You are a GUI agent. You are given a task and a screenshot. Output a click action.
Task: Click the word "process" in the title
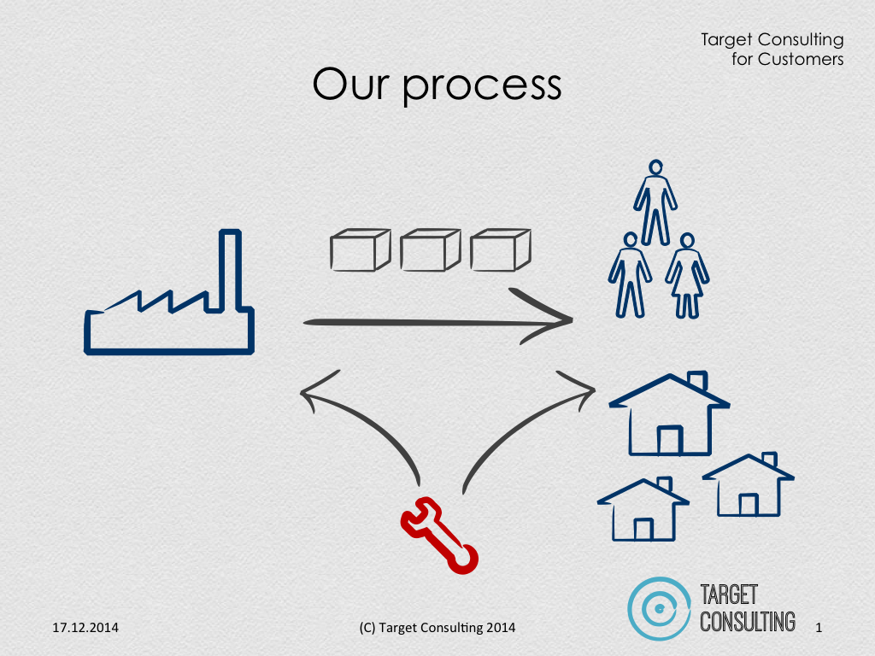click(482, 86)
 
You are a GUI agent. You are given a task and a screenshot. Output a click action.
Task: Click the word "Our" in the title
click(349, 84)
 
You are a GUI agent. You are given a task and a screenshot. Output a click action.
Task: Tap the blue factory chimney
click(230, 270)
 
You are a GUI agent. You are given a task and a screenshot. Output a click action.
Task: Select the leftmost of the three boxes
click(360, 250)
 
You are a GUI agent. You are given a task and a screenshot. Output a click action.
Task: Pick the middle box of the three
click(431, 250)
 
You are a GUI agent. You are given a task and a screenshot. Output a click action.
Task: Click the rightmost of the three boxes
click(500, 250)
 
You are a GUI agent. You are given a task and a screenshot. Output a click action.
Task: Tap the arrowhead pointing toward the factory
click(303, 392)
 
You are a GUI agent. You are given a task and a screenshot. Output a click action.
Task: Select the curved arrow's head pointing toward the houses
click(593, 389)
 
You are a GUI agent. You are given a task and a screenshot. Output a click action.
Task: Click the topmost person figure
click(655, 203)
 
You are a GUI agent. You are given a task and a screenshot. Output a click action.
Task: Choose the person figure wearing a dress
click(687, 276)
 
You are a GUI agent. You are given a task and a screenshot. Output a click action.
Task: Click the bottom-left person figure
click(630, 276)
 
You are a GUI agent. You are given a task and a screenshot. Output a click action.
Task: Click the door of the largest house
click(670, 440)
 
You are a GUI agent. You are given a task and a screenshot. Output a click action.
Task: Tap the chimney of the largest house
click(697, 380)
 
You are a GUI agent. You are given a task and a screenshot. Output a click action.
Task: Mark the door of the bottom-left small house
click(643, 529)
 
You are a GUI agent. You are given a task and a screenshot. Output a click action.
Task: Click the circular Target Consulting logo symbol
click(659, 608)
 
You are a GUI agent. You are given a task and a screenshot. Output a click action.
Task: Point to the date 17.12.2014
click(85, 628)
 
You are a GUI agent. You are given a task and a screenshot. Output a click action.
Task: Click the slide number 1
click(819, 628)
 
